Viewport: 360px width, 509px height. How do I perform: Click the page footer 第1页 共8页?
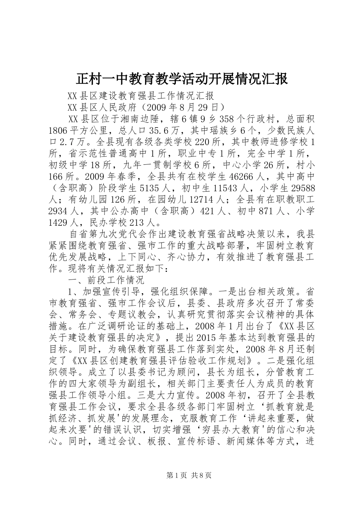coord(180,476)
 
